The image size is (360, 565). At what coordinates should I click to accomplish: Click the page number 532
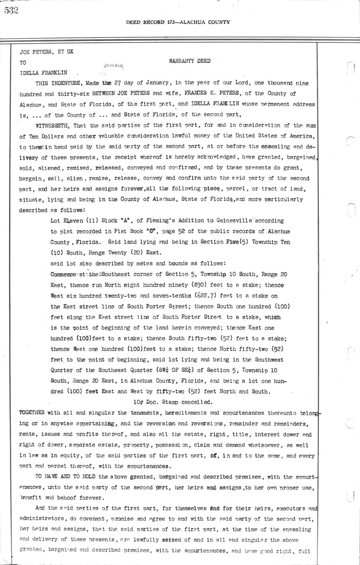point(11,10)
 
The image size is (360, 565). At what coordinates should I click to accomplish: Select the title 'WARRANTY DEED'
point(190,61)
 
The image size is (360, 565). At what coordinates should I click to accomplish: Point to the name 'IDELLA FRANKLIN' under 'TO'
point(43,73)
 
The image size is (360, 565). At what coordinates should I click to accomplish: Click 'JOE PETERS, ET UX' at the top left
point(46,52)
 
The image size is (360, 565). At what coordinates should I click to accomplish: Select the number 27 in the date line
point(117,83)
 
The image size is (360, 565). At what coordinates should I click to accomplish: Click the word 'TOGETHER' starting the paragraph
point(32,413)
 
